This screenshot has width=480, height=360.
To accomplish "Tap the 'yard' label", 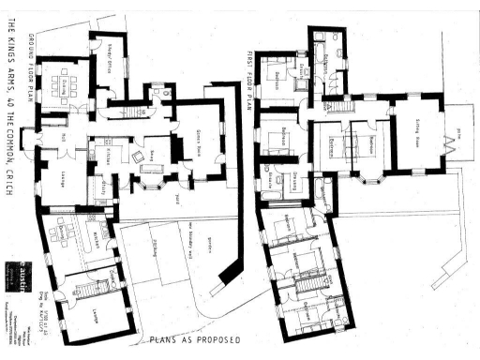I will point(175,198).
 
